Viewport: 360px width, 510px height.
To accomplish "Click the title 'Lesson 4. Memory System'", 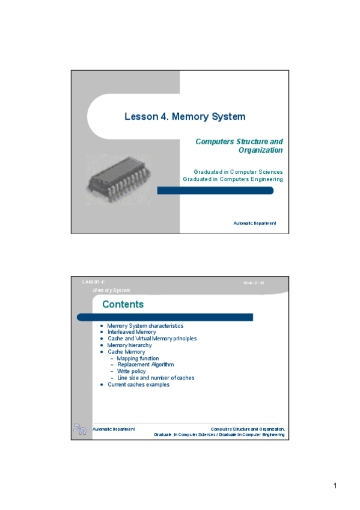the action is (x=185, y=117).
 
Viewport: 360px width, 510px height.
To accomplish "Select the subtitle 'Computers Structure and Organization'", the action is (x=239, y=146).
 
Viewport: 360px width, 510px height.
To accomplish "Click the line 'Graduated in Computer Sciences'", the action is (x=238, y=172).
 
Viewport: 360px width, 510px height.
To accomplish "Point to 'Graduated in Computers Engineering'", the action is (x=233, y=179).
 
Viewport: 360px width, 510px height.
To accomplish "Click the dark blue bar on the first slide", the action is (x=215, y=191).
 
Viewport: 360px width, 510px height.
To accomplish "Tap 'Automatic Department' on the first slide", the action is (x=255, y=223).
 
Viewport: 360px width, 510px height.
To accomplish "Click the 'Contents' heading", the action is (x=123, y=304).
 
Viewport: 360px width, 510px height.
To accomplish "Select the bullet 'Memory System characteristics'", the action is (x=145, y=325).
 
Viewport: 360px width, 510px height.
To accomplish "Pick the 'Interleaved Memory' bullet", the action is (x=132, y=332).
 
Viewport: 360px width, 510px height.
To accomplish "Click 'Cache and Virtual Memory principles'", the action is (x=151, y=339).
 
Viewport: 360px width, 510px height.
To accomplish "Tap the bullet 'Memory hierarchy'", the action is (x=129, y=345).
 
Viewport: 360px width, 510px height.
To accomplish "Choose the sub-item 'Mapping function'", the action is (x=138, y=358).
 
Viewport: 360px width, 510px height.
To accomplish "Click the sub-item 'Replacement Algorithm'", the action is (x=145, y=364).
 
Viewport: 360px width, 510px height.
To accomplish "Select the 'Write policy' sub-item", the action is (x=132, y=371).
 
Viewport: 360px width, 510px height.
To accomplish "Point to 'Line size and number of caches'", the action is (x=156, y=378).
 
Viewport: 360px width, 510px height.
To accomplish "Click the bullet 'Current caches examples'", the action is (x=138, y=384).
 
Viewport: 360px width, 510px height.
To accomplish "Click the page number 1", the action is (x=335, y=486).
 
